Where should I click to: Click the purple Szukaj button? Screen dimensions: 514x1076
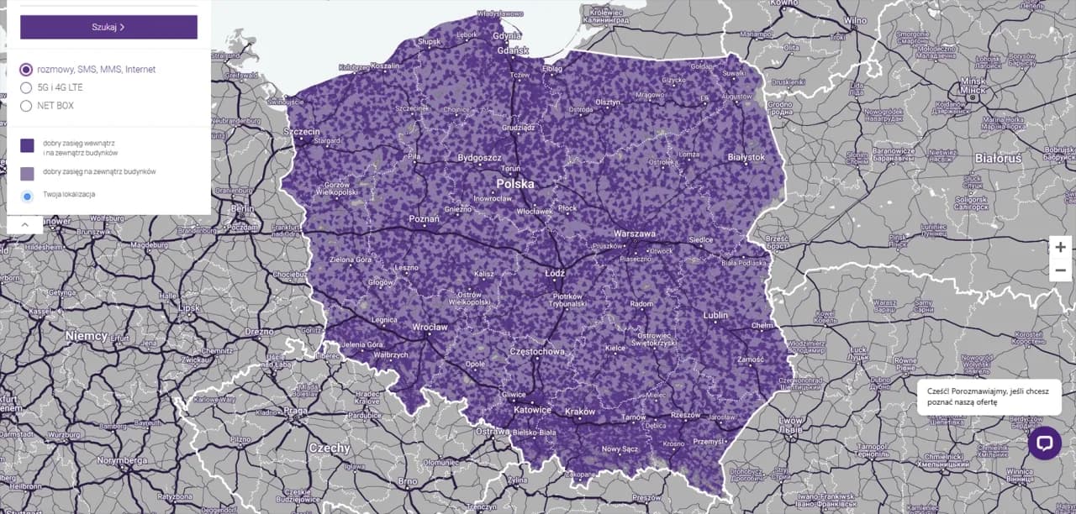coord(108,27)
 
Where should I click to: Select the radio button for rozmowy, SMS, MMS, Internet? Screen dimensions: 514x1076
coord(26,70)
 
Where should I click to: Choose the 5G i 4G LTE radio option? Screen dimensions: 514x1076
coord(26,87)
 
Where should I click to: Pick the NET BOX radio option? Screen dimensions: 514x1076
coord(26,106)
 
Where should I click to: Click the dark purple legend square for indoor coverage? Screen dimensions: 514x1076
coord(27,145)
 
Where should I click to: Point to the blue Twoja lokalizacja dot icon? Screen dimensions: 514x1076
coord(27,196)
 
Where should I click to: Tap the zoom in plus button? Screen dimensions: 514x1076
coord(1060,247)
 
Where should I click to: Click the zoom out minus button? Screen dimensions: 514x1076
coord(1060,270)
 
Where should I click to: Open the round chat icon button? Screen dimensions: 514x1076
coord(1044,443)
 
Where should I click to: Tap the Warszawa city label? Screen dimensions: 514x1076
coord(635,233)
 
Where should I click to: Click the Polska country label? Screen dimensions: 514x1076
coord(515,183)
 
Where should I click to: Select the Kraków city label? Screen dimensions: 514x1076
coord(580,412)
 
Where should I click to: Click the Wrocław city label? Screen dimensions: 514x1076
coord(430,327)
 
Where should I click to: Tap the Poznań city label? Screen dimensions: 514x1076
coord(424,218)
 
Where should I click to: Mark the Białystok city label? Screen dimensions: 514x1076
coord(746,157)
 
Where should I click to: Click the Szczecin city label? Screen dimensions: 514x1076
coord(302,132)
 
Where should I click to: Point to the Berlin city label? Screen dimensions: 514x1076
coord(242,209)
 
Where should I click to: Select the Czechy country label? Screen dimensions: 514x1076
coord(329,448)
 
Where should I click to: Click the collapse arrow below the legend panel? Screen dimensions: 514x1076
coord(24,224)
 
